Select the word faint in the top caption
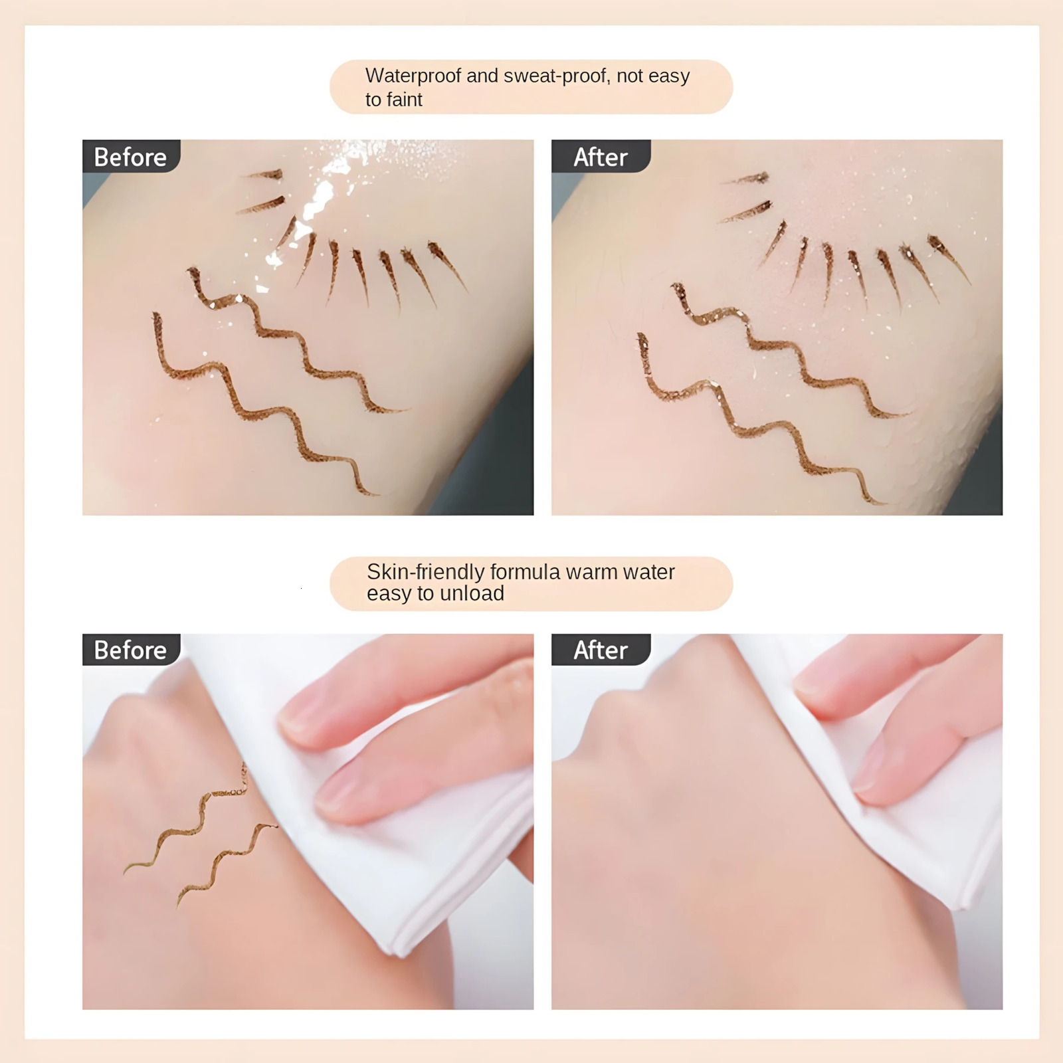[x=404, y=100]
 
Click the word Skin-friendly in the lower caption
[x=425, y=571]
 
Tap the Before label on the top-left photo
[x=130, y=157]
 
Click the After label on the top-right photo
[x=600, y=157]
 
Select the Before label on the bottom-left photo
[x=130, y=650]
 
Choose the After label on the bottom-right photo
[x=600, y=650]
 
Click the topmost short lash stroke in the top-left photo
[x=266, y=175]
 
